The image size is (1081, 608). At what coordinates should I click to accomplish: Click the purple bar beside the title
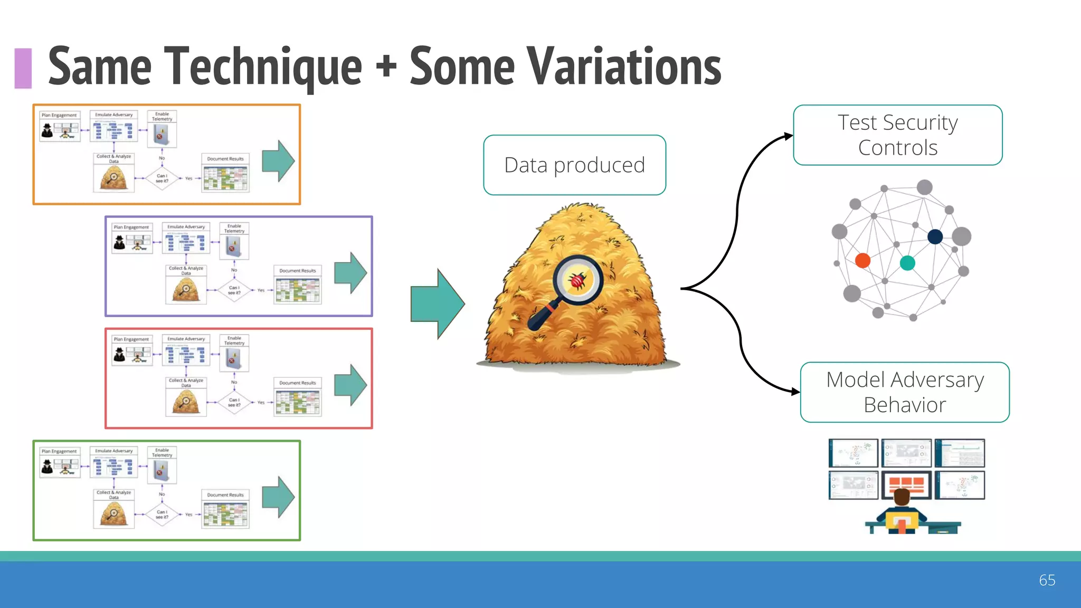[x=23, y=68]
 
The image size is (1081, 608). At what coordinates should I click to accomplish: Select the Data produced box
[x=574, y=165]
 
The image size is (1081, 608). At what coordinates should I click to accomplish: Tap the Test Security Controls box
[x=897, y=135]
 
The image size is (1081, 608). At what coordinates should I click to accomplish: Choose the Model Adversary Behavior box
[x=905, y=392]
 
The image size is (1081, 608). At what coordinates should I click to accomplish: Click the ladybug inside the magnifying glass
[x=578, y=280]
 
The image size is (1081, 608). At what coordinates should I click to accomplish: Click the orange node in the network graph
[x=862, y=260]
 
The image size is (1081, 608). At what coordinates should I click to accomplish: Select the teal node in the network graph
[x=907, y=263]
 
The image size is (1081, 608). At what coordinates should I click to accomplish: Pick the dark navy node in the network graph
[x=935, y=236]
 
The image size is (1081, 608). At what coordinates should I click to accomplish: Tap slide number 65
[x=1047, y=580]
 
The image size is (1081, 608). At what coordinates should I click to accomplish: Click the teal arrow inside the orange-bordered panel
[x=278, y=161]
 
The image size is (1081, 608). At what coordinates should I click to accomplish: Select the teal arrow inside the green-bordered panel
[x=278, y=497]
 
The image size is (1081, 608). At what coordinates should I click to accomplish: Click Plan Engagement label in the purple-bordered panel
[x=131, y=227]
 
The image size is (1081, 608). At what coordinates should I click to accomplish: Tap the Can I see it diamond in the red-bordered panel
[x=234, y=402]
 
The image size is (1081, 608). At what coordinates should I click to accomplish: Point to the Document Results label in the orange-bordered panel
[x=225, y=159]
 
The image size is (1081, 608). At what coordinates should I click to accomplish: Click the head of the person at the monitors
[x=902, y=497]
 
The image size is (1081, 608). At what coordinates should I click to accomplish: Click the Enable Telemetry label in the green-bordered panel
[x=162, y=452]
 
